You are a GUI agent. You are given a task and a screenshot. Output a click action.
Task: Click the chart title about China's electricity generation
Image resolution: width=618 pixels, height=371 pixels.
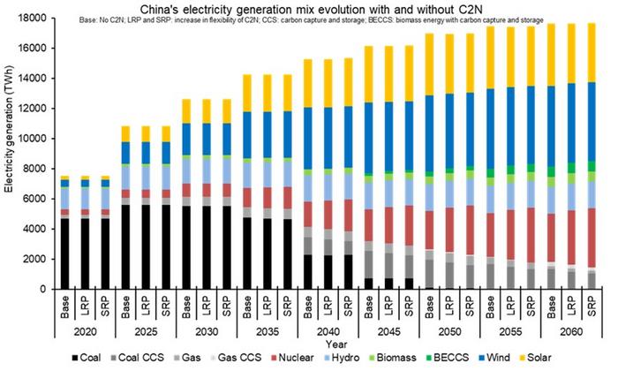(311, 9)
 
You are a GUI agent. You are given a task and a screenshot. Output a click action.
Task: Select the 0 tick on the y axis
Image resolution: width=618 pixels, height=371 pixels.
(43, 289)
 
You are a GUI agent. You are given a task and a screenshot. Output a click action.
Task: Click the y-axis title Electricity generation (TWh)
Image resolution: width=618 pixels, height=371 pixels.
(9, 129)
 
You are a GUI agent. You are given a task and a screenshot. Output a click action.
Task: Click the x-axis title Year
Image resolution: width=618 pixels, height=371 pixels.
(335, 344)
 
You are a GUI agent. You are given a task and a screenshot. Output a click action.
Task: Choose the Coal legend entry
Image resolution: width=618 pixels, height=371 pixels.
(87, 358)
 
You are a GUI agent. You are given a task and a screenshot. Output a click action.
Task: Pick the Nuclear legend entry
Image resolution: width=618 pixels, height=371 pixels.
(292, 358)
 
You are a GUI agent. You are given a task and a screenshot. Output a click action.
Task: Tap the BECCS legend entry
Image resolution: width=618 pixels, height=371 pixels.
(448, 358)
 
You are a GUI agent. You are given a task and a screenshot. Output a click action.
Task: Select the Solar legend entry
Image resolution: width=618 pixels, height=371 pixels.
(535, 358)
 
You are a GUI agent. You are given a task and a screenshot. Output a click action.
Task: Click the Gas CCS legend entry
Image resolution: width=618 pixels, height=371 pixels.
(236, 358)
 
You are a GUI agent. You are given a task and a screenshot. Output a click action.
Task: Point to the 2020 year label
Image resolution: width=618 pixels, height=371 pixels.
(85, 332)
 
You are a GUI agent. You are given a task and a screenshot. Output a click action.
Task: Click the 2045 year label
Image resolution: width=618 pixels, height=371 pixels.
(388, 332)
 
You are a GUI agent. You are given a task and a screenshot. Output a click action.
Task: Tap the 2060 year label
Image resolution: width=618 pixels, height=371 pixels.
(570, 332)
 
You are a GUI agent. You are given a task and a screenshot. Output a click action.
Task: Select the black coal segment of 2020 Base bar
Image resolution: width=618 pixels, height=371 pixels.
(64, 254)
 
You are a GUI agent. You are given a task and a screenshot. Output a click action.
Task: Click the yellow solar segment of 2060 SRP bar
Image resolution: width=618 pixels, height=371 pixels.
(591, 53)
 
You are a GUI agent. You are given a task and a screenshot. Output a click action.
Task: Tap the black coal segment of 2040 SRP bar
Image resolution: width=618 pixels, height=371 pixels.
(348, 272)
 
